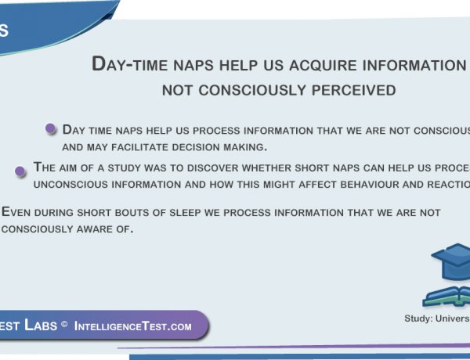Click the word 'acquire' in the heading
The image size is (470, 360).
(x=306, y=64)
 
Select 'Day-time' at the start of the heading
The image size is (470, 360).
(x=127, y=64)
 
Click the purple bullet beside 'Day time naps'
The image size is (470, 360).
(x=52, y=129)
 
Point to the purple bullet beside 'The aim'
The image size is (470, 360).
(x=21, y=170)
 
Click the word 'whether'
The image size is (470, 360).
(x=279, y=167)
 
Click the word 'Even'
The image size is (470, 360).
(x=16, y=212)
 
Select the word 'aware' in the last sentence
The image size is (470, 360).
(x=98, y=229)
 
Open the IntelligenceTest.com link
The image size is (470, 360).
(x=132, y=326)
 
